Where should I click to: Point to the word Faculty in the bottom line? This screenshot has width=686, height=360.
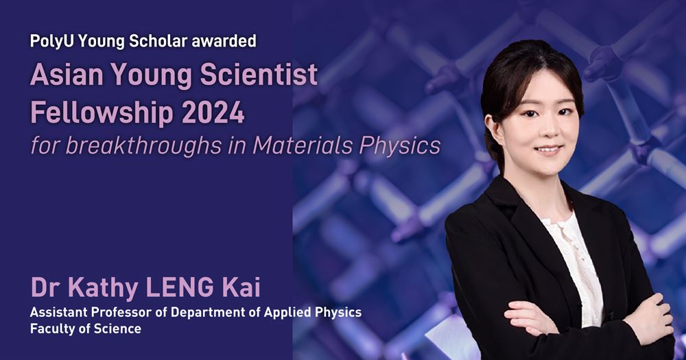[50, 329]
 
